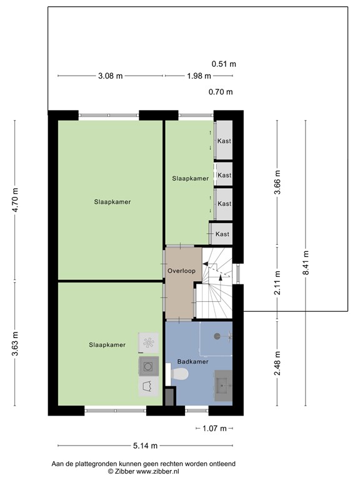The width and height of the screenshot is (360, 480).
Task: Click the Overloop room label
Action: click(x=181, y=271)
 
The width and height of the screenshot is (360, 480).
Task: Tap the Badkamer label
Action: click(x=193, y=361)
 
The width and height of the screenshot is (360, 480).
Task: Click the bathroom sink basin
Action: click(x=223, y=386)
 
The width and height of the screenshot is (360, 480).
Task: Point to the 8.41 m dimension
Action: click(x=306, y=262)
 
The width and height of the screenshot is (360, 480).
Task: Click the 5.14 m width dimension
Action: click(x=145, y=446)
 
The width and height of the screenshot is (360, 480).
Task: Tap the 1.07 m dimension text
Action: click(x=214, y=428)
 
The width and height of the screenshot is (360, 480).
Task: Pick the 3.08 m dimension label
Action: click(x=110, y=76)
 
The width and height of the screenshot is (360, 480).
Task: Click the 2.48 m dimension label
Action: click(x=277, y=363)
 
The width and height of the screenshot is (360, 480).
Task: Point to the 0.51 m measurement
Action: click(x=224, y=64)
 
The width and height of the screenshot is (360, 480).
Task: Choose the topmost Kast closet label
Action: click(x=224, y=141)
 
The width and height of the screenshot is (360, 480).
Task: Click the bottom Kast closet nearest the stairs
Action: click(x=222, y=234)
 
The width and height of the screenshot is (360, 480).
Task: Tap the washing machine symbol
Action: click(x=149, y=366)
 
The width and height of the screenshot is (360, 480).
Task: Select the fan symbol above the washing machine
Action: click(x=149, y=343)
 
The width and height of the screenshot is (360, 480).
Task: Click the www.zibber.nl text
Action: click(x=157, y=471)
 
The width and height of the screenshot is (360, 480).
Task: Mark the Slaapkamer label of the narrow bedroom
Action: click(x=190, y=179)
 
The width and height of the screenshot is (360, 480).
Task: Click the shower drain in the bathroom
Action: click(x=217, y=336)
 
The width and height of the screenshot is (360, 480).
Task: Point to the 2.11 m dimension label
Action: click(x=277, y=282)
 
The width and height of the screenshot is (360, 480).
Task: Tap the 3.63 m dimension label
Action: click(x=15, y=344)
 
